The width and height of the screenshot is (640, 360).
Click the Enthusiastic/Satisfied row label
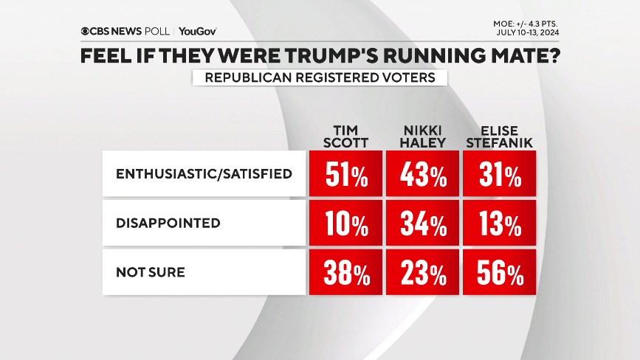click(x=204, y=174)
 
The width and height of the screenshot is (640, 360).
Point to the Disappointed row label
click(x=168, y=223)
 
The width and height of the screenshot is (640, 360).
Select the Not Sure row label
click(x=150, y=272)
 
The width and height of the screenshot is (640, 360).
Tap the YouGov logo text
click(x=197, y=31)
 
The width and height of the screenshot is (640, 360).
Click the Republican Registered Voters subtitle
click(x=320, y=77)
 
